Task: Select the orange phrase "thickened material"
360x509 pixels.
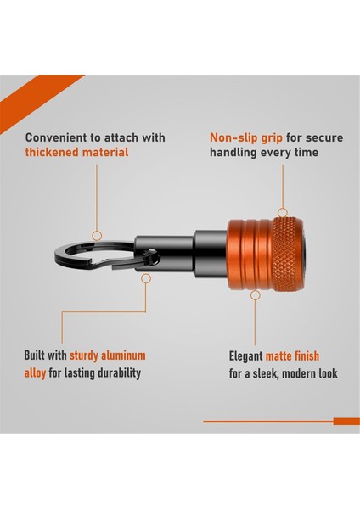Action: [x=76, y=153]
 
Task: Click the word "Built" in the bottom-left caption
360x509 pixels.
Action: [x=39, y=356]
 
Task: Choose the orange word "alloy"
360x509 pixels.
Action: [x=41, y=372]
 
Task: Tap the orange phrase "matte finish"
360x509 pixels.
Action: [x=292, y=356]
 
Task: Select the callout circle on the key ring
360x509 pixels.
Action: [x=97, y=235]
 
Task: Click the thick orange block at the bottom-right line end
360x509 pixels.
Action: [x=346, y=422]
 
